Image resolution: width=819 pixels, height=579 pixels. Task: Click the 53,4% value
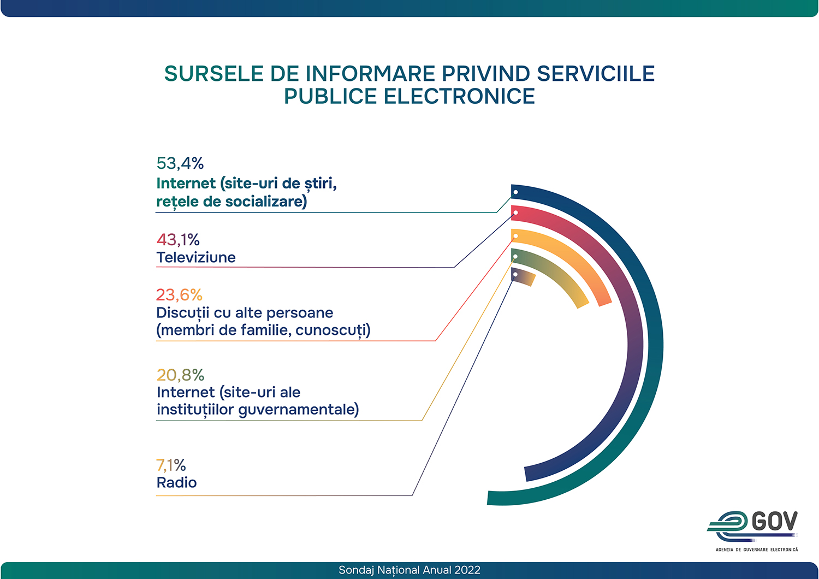pos(180,163)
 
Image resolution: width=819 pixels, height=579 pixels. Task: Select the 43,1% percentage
pos(178,240)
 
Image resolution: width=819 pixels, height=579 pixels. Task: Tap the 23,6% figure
pos(179,295)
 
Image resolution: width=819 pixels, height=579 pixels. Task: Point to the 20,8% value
pos(180,375)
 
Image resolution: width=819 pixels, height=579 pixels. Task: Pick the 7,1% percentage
pos(171,465)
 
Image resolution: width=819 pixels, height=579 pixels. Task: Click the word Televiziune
pos(196,258)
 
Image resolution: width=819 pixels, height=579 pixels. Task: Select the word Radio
pos(176,483)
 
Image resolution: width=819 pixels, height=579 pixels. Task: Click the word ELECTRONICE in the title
pos(459,97)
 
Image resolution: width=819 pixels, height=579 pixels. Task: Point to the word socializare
pos(266,202)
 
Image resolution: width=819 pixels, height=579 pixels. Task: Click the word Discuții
pos(182,313)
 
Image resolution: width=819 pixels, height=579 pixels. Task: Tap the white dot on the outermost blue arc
pos(515,192)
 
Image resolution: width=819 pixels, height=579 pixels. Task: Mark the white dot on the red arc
pos(515,212)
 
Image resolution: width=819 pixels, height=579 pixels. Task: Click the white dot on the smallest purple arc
pos(515,274)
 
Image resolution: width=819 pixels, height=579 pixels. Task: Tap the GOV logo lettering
pos(774,522)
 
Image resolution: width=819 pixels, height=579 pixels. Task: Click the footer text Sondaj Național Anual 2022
pos(410,570)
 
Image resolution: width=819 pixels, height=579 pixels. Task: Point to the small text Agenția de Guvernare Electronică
pos(757,550)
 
